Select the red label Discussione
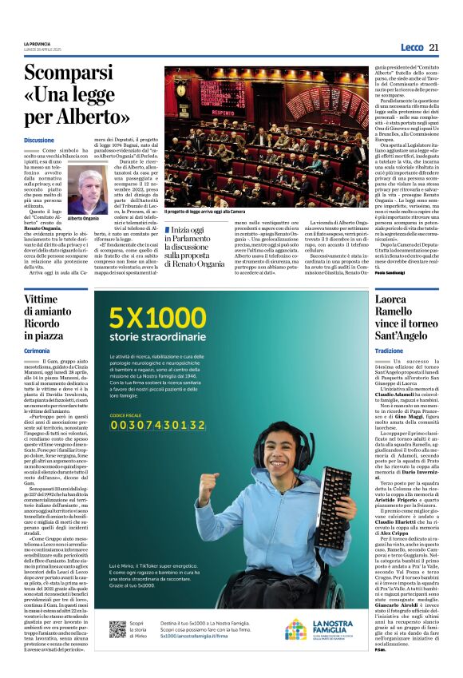click(40, 140)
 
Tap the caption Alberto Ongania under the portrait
click(84, 218)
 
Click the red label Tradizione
click(390, 351)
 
